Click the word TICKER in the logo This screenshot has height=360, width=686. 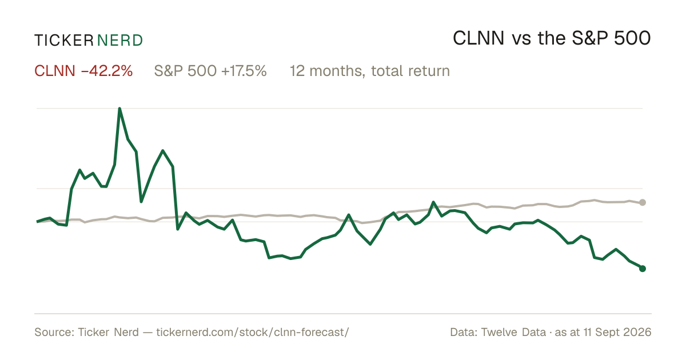[64, 41]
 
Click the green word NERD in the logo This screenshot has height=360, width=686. [120, 41]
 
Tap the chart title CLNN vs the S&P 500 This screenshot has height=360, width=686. [552, 39]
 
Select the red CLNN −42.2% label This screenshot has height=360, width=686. [83, 71]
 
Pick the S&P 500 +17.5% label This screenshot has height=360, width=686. [210, 71]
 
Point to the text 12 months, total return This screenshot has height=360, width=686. [370, 71]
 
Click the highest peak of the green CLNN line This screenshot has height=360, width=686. [119, 109]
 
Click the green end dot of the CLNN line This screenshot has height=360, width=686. [643, 269]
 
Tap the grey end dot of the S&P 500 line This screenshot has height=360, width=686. [643, 202]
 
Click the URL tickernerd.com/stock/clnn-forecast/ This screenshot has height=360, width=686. [253, 332]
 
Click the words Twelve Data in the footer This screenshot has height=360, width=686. [513, 332]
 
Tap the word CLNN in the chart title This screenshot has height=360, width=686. [478, 39]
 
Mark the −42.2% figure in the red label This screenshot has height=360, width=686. [107, 71]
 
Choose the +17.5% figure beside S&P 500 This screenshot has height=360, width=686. [244, 71]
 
